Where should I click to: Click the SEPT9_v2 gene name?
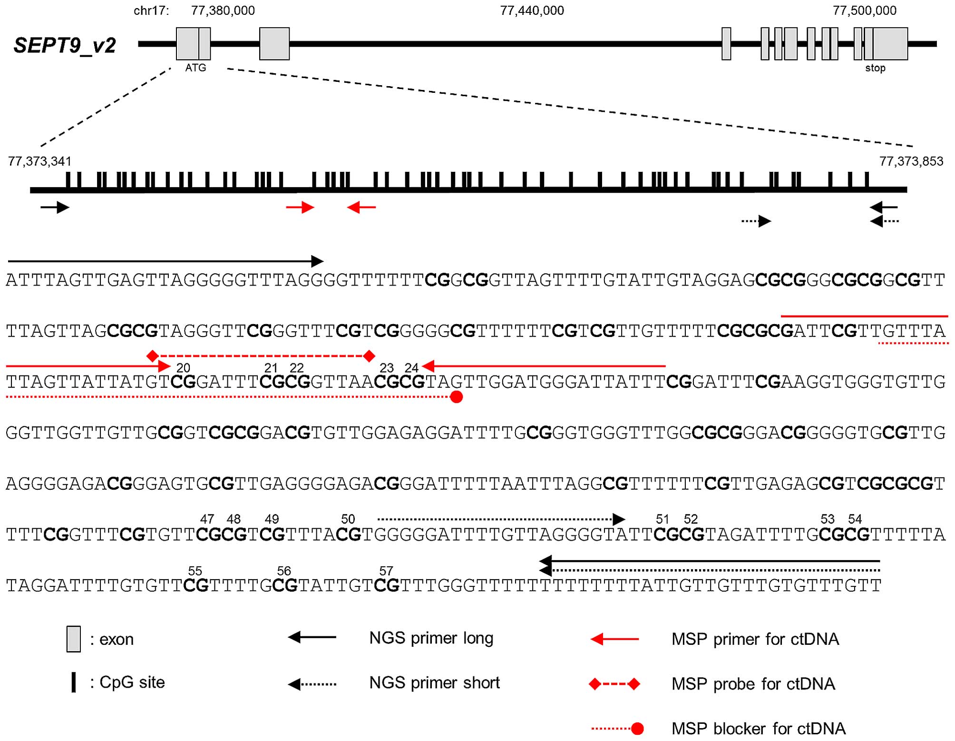[65, 46]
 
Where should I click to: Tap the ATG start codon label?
[195, 68]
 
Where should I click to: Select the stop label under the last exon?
[875, 68]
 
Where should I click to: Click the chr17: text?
[151, 10]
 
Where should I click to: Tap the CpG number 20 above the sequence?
[183, 368]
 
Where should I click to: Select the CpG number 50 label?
[348, 519]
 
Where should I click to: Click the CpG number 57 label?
[386, 571]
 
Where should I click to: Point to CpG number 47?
[207, 519]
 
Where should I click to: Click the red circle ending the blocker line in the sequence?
[456, 397]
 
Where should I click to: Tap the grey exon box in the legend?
[73, 639]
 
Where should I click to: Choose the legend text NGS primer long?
[431, 638]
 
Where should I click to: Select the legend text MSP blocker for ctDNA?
[758, 729]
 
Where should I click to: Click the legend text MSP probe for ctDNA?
[753, 684]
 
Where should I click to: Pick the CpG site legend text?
[132, 682]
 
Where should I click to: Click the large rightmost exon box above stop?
[890, 44]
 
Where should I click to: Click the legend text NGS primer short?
[434, 683]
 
